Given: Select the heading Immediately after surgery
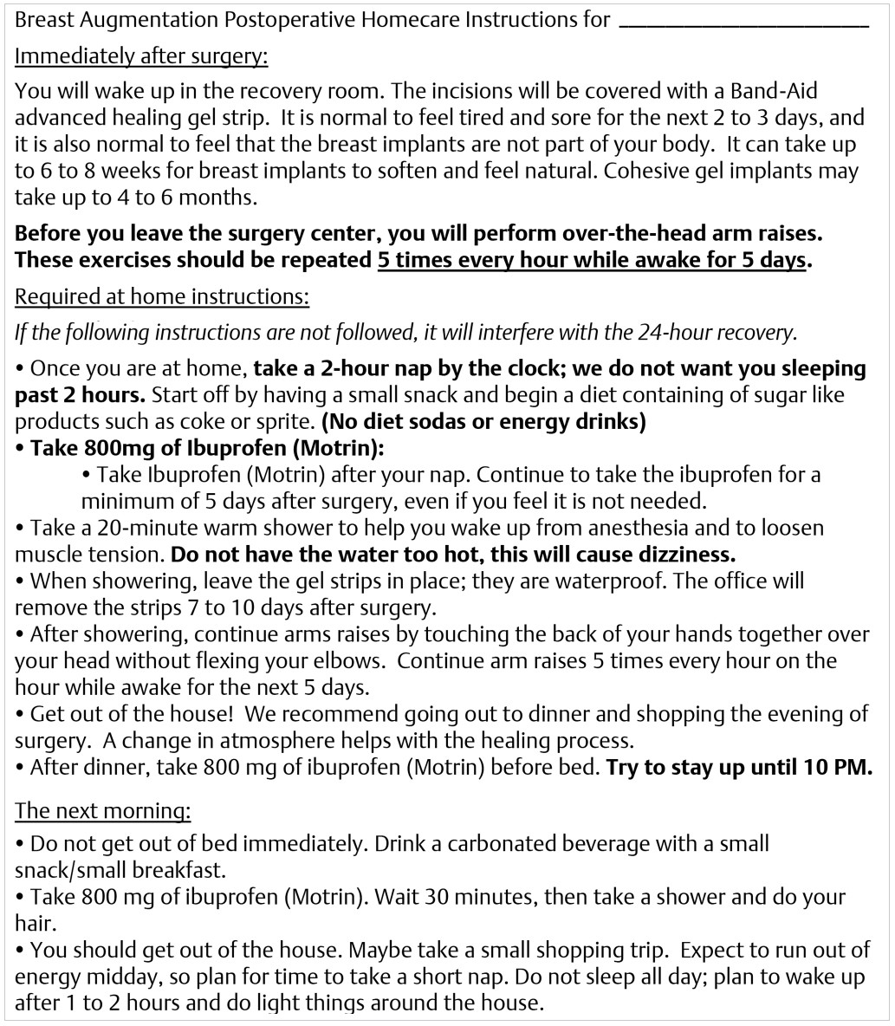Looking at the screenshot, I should pyautogui.click(x=142, y=57).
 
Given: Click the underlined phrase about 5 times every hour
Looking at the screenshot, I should pyautogui.click(x=591, y=259).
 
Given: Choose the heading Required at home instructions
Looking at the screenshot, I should pyautogui.click(x=162, y=296).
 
